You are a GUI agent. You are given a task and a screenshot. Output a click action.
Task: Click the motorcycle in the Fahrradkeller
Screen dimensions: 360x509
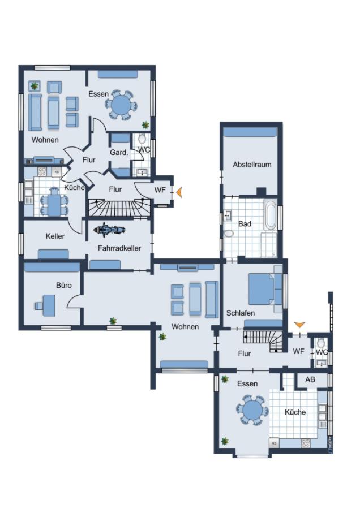(x=109, y=230)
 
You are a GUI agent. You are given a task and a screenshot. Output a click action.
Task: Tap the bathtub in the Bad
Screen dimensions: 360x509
(x=271, y=214)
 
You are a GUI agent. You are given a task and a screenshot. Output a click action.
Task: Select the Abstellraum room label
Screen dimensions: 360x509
(x=252, y=164)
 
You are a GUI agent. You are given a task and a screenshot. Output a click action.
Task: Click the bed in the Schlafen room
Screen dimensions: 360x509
(x=262, y=289)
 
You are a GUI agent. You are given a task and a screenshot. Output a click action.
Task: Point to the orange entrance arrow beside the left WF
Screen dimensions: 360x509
(x=179, y=192)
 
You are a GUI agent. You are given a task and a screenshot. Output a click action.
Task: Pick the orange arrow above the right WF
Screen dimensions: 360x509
(x=299, y=324)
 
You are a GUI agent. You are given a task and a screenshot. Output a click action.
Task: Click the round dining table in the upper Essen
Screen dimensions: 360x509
(x=121, y=105)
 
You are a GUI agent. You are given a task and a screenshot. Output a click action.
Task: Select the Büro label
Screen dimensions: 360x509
(x=64, y=286)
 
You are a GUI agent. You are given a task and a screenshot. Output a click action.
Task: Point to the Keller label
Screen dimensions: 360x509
(x=55, y=236)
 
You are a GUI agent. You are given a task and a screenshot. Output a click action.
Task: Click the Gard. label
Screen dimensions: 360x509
(x=119, y=152)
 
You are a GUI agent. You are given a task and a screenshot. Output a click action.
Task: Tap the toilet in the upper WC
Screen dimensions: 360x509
(x=142, y=140)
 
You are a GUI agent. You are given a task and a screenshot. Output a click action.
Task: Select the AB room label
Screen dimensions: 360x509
(x=310, y=379)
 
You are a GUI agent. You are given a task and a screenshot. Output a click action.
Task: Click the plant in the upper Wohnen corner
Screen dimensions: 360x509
(x=34, y=86)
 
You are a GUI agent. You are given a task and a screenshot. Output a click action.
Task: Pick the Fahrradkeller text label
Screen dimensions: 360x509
(x=119, y=248)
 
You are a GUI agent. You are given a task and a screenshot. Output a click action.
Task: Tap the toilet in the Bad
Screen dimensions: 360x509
(x=229, y=234)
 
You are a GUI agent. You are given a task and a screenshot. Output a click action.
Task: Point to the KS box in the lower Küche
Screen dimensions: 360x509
(x=274, y=443)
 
